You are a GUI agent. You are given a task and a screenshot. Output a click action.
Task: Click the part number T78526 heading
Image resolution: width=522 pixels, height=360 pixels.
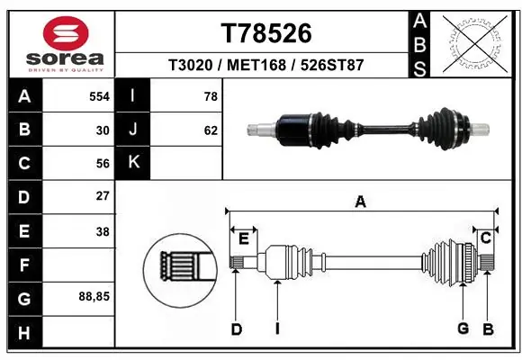pos(265,33)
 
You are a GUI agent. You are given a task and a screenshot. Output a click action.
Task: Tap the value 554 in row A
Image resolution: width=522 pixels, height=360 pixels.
pos(99,96)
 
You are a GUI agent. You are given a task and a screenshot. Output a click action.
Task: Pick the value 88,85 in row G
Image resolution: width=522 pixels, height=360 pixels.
pos(95,295)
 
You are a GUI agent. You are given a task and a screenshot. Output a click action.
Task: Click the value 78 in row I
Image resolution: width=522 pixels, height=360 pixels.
pos(211,96)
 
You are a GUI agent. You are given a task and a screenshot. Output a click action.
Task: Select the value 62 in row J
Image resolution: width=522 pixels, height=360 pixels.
pos(211,130)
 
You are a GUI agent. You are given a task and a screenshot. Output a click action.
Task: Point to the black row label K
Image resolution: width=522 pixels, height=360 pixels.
pos(133,163)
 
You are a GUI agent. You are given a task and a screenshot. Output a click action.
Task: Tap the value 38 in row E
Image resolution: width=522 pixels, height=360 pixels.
pos(102,231)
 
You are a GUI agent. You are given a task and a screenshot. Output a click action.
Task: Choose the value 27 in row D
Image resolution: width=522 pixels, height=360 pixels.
pos(102,195)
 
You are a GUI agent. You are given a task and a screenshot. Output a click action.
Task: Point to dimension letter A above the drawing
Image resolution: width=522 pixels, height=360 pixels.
pos(361,202)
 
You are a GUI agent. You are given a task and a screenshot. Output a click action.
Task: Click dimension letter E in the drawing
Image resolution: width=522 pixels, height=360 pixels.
pos(243,238)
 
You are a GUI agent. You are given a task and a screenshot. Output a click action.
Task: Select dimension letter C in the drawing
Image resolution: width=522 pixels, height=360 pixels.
pos(485,238)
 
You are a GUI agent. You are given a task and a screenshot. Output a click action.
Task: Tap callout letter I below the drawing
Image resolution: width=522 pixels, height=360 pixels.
pos(277,329)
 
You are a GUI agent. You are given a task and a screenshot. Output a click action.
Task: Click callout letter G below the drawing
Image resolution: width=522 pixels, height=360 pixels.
pos(463,328)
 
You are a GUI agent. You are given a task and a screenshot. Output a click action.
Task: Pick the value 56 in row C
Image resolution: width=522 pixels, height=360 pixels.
pos(102,163)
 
